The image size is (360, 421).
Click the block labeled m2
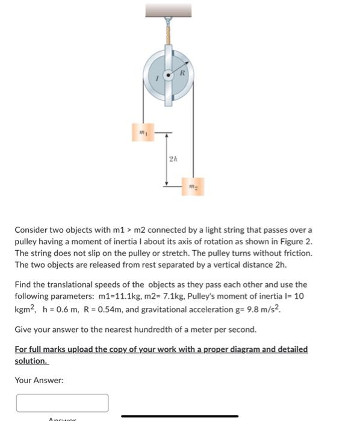194,187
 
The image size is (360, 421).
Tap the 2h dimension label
172,160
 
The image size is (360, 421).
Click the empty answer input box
62,402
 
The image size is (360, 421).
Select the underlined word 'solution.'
31,361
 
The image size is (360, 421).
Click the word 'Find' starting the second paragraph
23,284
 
